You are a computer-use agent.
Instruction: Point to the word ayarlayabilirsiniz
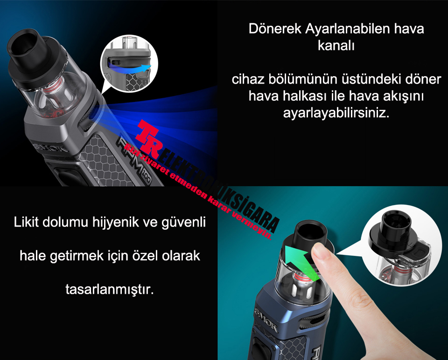(336, 113)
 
